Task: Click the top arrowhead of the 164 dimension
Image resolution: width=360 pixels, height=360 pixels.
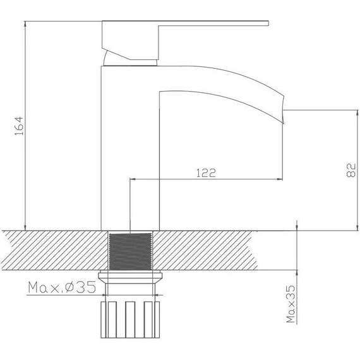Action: [24, 25]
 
